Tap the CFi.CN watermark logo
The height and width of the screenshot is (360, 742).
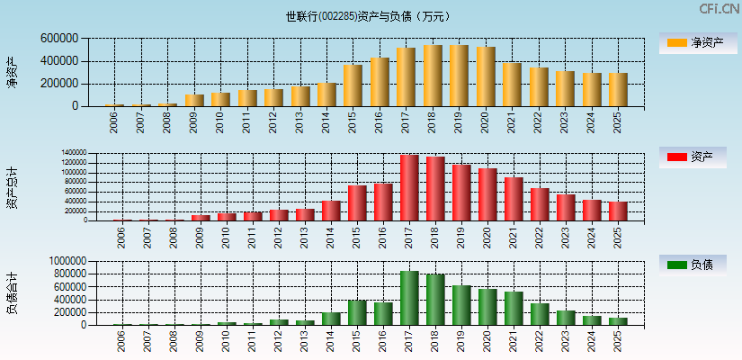tap(719, 9)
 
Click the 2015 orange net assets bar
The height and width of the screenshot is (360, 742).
tap(353, 85)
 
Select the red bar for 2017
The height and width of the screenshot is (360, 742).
tap(409, 187)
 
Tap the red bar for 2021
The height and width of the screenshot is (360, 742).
tap(514, 199)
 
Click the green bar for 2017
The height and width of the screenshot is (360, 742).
tap(409, 298)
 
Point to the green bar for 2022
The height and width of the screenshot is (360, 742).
tap(540, 314)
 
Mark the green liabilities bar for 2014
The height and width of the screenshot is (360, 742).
tap(331, 319)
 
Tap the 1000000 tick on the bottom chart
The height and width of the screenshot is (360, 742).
tap(59, 261)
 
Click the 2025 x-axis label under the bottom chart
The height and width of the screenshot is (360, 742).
tap(617, 341)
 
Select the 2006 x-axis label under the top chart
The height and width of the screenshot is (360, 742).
tap(114, 122)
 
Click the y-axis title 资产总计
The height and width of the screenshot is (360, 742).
tap(13, 187)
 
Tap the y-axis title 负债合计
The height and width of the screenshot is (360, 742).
tap(13, 292)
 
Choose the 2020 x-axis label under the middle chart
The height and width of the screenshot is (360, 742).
tap(487, 236)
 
